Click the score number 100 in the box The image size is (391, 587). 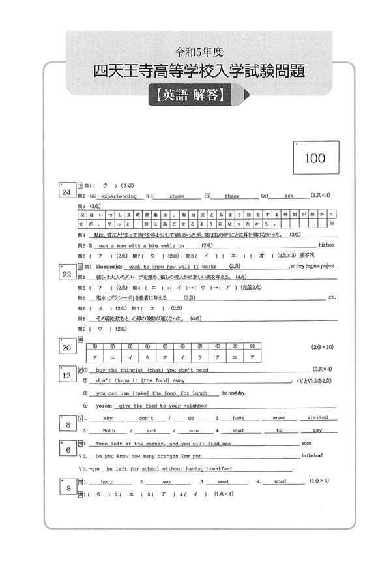pos(314,158)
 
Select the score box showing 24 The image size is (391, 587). pos(66,192)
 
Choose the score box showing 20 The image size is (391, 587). pos(66,348)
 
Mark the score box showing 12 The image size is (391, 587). pos(66,375)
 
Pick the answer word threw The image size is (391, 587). pos(232,196)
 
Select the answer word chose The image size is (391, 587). pos(177,196)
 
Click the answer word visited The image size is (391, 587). pos(317,417)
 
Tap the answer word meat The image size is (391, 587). pos(224,481)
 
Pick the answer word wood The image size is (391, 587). pos(280,481)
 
